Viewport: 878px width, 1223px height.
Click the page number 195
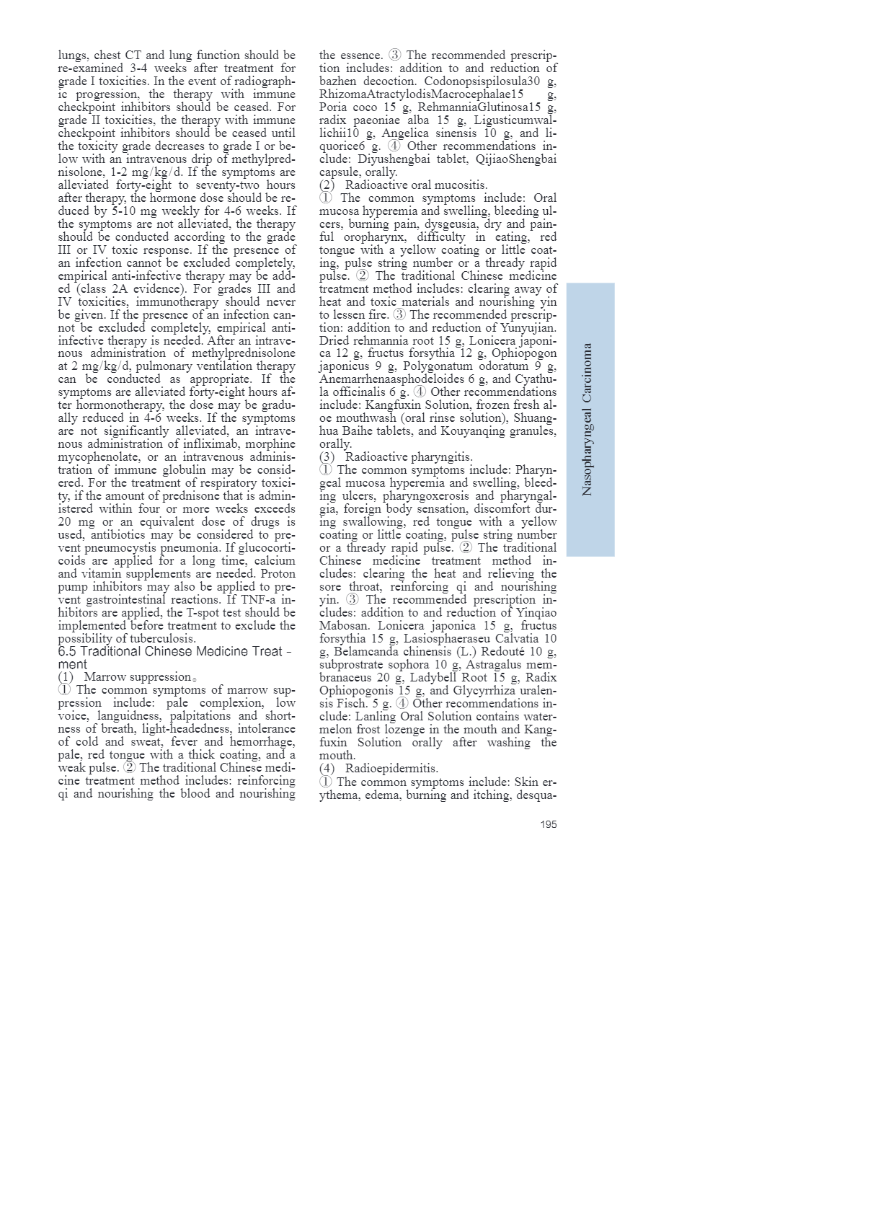tap(548, 824)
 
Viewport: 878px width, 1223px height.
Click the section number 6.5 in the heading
tap(67, 651)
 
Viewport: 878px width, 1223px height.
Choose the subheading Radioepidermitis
tap(391, 769)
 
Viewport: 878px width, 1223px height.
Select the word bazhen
tap(339, 81)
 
